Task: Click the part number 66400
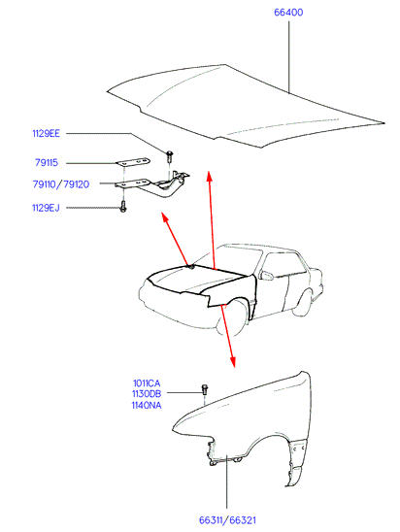pos(288,13)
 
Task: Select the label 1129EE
pos(47,133)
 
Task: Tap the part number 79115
pos(47,163)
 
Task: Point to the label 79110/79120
pos(61,184)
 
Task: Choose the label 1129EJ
pos(46,208)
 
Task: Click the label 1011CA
pos(147,383)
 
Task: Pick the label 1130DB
pos(147,394)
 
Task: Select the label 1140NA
pos(147,405)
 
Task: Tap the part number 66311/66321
pos(227,520)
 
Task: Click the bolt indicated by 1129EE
pos(169,156)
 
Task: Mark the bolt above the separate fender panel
pos(205,389)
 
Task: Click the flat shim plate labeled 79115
pos(133,161)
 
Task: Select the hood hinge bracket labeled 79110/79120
pos(152,184)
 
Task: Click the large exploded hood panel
pos(246,106)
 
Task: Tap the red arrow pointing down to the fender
pos(227,336)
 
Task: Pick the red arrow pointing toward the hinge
pos(175,238)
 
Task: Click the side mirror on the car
pos(266,275)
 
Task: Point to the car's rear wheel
pos(303,303)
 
